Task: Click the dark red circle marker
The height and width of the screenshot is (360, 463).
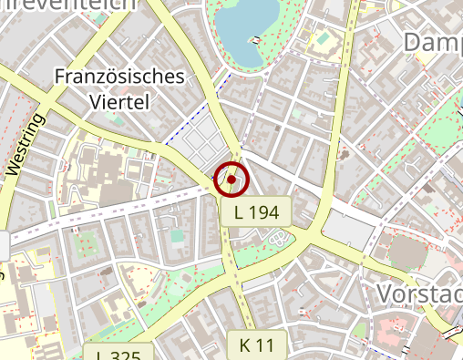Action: coord(231,180)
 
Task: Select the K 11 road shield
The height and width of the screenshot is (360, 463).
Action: coord(257,345)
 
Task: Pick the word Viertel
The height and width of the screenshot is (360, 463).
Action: coord(119,101)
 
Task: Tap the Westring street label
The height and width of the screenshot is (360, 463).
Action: coord(26,144)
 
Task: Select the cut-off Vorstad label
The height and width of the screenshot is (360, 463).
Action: coord(418,293)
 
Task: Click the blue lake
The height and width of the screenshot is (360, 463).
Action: coord(248,26)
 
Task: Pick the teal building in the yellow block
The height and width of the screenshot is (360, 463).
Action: coord(321,39)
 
